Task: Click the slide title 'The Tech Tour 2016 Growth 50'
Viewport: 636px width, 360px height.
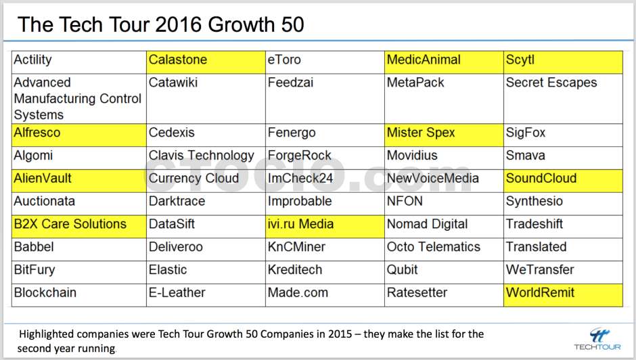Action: click(160, 24)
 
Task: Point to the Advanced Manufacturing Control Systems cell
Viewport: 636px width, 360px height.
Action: click(78, 99)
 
